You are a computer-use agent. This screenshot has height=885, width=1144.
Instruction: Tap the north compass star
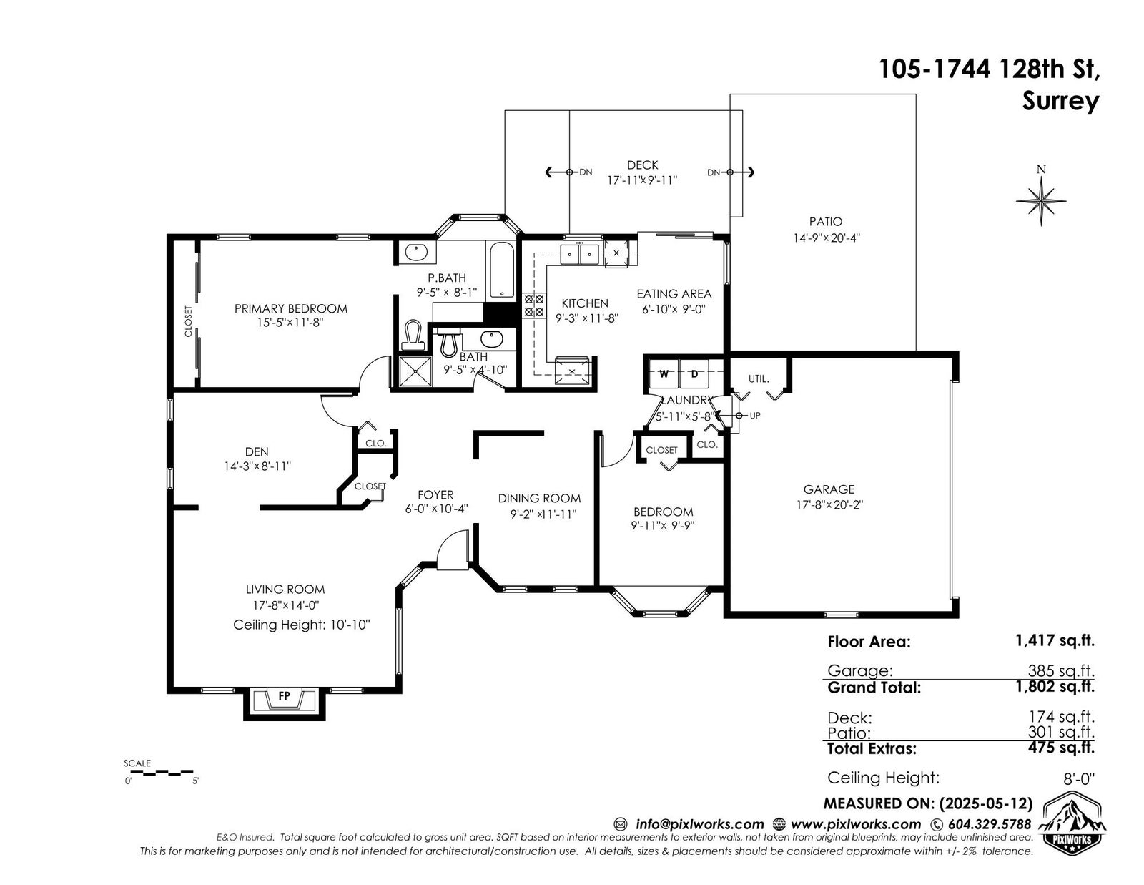pos(1041,201)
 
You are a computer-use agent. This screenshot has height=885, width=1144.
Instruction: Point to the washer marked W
pos(664,373)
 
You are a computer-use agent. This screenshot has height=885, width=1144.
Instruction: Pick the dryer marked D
pos(694,373)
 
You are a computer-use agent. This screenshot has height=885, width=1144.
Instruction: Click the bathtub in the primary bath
pos(502,270)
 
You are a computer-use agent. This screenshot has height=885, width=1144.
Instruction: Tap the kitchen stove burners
pos(534,305)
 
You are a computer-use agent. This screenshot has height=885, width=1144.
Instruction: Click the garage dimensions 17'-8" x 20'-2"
pos(829,504)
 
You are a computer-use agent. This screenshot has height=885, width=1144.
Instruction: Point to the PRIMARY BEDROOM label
pos(290,308)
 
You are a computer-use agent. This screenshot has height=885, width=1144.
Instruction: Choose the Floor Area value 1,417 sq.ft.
pos(1055,640)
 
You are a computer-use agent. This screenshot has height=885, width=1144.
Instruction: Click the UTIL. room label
pos(759,378)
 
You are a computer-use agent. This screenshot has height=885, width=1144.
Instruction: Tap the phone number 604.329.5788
pos(990,824)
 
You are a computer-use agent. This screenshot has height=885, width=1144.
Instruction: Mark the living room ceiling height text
pos(302,625)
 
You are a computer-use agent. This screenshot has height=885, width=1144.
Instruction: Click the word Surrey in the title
pos(1060,101)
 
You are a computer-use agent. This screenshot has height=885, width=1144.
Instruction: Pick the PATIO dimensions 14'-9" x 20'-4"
pos(826,238)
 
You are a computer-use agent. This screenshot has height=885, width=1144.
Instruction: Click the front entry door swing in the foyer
pos(453,549)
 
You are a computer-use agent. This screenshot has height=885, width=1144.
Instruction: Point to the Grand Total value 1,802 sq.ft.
pos(1055,686)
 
